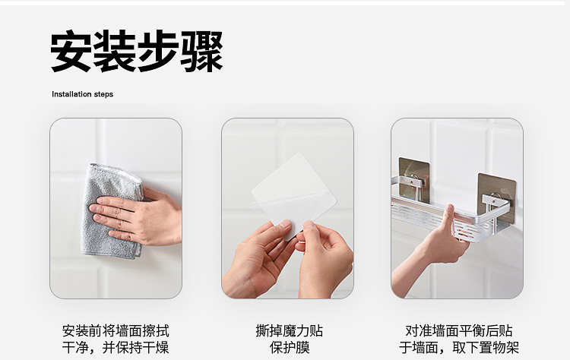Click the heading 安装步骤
[x=136, y=51]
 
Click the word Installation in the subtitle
[x=71, y=94]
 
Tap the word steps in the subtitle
[x=103, y=94]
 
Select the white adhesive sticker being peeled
[x=293, y=191]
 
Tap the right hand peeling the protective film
[x=324, y=260]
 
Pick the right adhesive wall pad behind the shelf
[x=496, y=197]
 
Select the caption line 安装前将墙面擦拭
[x=116, y=331]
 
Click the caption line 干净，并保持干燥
[x=116, y=347]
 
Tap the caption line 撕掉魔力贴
[x=290, y=331]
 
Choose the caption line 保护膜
[x=290, y=347]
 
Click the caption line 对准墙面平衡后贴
[x=459, y=331]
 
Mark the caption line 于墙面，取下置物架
[x=459, y=347]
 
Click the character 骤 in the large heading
[x=201, y=51]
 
